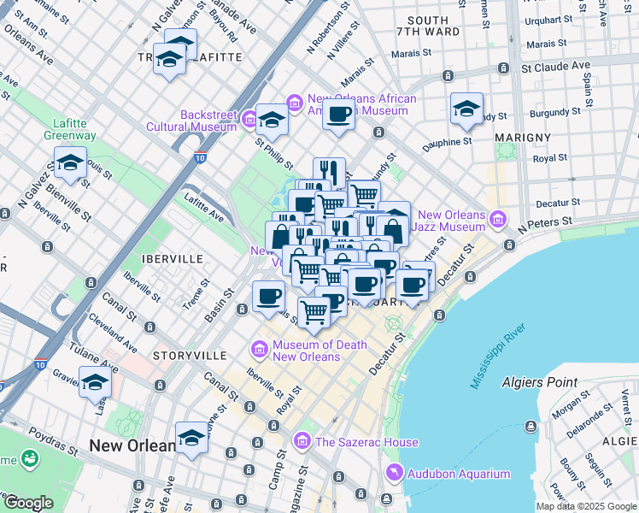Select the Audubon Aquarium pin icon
click(394, 473)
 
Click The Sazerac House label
click(366, 442)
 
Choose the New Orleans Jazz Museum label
click(452, 221)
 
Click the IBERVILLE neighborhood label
click(174, 258)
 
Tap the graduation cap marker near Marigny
click(466, 109)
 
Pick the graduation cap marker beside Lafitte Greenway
click(70, 162)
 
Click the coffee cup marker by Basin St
click(269, 297)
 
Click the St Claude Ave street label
click(555, 66)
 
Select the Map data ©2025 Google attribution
click(586, 506)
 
